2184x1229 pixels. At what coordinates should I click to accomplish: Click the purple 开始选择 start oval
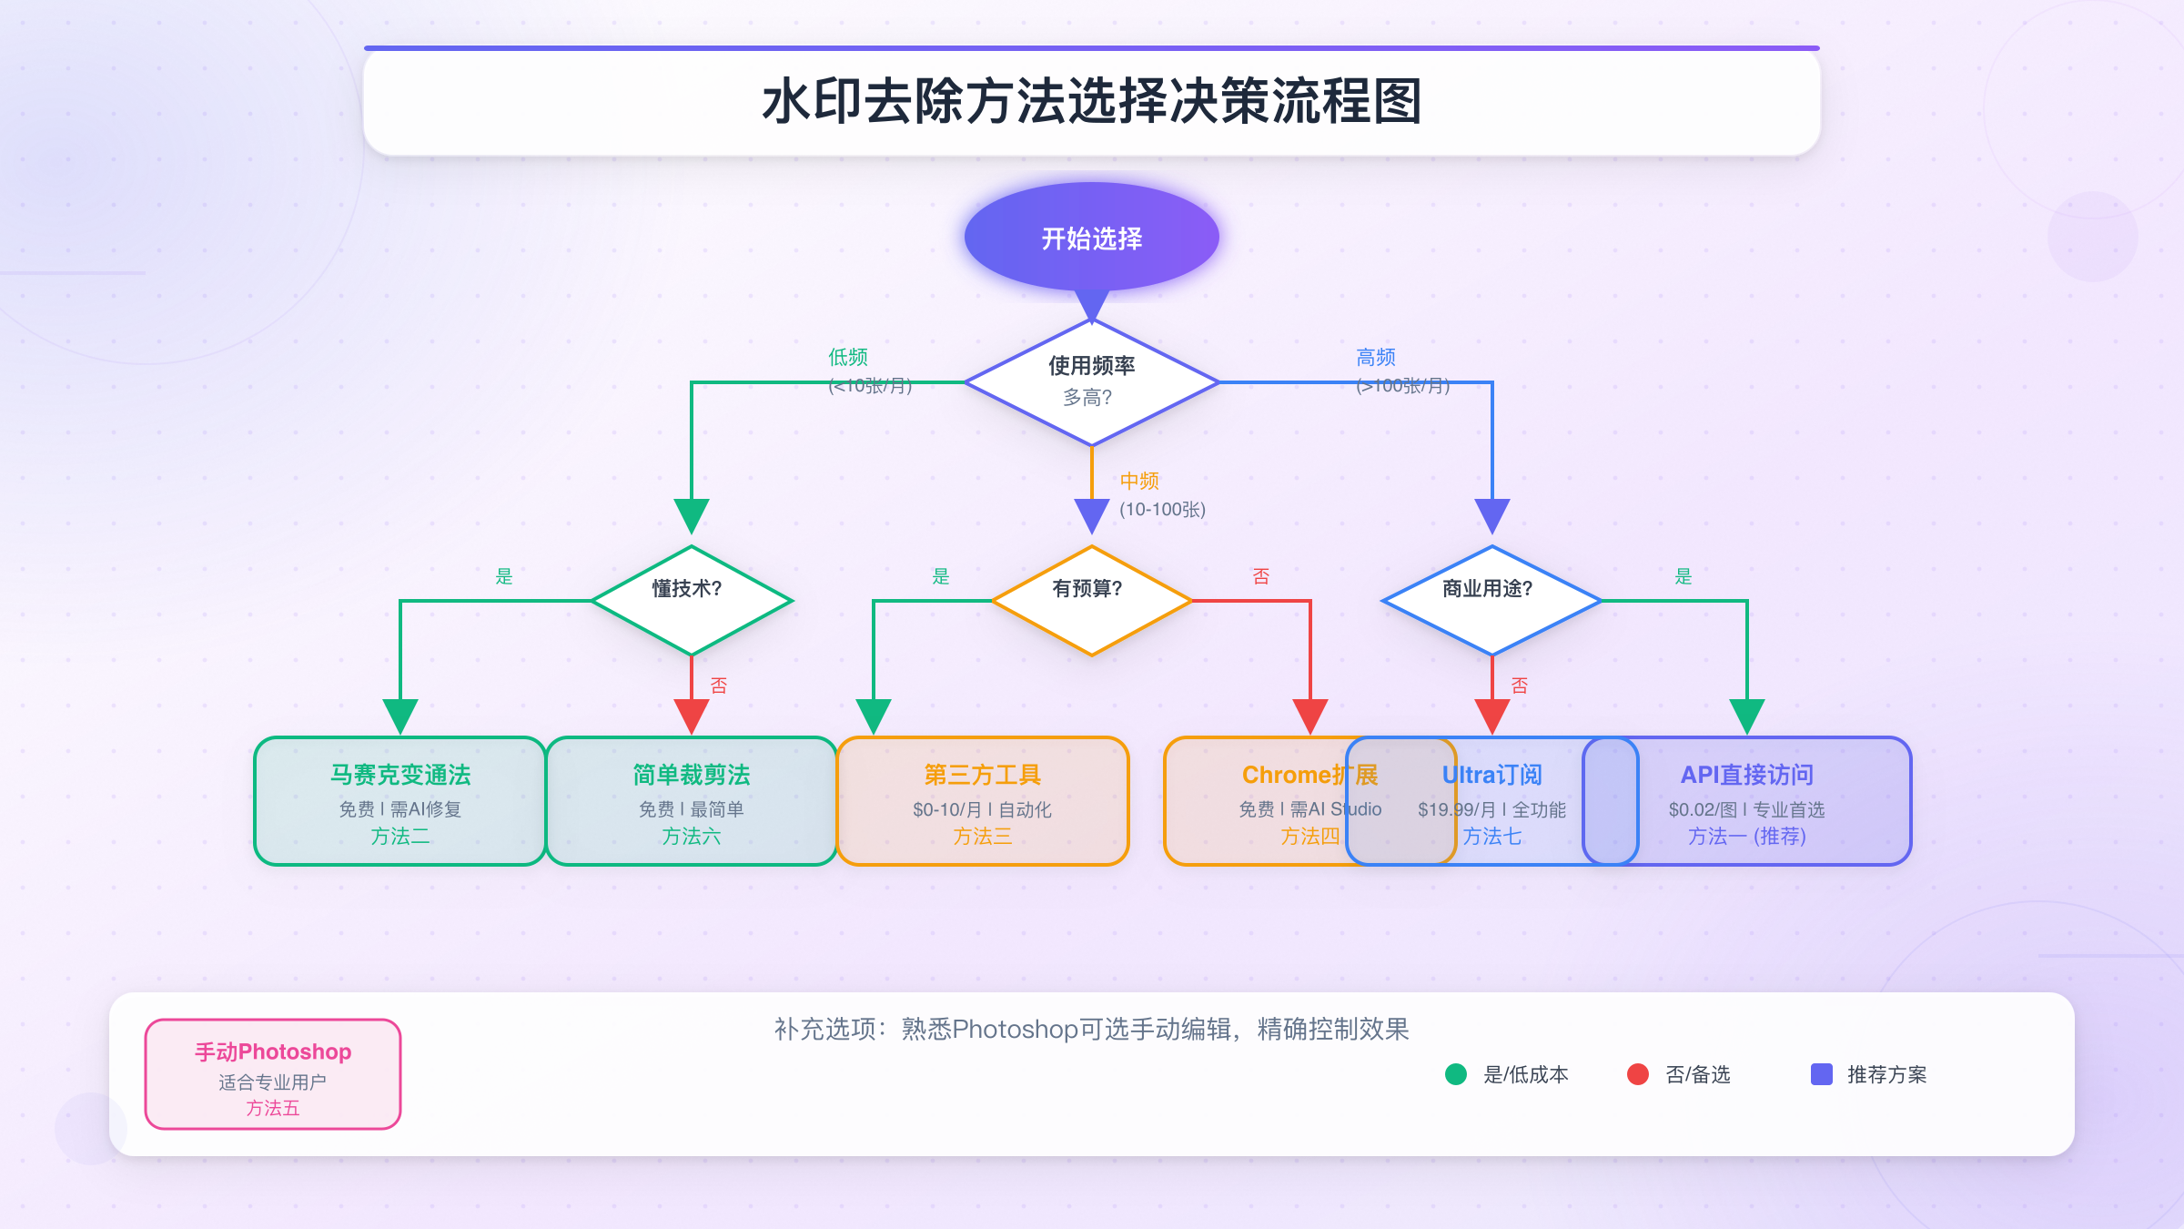(1091, 238)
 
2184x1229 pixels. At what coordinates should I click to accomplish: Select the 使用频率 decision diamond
(1091, 381)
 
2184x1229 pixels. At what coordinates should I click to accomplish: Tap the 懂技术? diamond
(691, 600)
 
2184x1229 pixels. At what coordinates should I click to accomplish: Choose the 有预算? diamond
(1091, 600)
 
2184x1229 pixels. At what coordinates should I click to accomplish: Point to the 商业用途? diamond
(1491, 600)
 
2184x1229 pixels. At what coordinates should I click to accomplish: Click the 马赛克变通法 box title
(400, 775)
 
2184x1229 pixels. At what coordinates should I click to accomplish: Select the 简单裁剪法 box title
(692, 775)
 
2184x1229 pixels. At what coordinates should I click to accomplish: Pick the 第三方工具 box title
(983, 775)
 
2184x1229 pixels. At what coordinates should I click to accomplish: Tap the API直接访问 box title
(1747, 775)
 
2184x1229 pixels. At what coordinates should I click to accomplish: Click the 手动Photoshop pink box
(273, 1074)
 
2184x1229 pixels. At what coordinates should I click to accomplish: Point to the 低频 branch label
(848, 357)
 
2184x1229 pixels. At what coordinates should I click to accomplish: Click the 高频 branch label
(1376, 357)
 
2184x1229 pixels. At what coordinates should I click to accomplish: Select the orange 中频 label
(1139, 481)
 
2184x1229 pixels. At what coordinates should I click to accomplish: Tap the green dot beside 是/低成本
(1456, 1074)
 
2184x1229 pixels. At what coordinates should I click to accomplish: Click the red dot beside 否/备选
(1638, 1074)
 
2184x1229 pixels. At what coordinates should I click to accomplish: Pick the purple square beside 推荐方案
(1822, 1074)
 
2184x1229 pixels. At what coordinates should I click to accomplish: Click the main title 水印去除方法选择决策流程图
(1092, 101)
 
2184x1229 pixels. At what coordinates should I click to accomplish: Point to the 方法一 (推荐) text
(1747, 836)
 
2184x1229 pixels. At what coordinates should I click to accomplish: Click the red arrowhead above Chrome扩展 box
(1310, 716)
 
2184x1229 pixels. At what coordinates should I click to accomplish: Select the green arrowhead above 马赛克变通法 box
(400, 716)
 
